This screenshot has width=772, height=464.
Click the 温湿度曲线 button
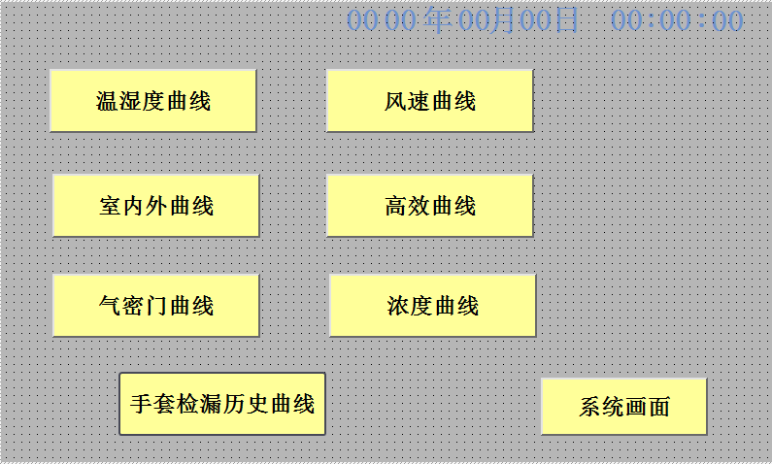point(152,100)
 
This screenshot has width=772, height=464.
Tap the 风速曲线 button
point(429,100)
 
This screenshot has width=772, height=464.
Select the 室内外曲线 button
point(155,205)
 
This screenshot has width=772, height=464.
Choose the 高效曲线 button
point(429,205)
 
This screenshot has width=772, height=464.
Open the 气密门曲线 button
point(155,305)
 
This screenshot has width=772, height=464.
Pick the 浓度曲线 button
point(432,305)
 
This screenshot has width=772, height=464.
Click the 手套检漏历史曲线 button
point(221,403)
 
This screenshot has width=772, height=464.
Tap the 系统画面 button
point(623,406)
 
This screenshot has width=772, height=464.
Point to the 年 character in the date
point(438,19)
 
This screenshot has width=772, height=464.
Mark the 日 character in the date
point(567,19)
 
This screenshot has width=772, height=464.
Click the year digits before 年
point(381,20)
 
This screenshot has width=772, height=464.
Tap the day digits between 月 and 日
point(537,20)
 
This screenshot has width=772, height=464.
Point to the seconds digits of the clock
point(727,20)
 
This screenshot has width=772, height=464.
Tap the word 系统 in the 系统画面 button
point(601,406)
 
